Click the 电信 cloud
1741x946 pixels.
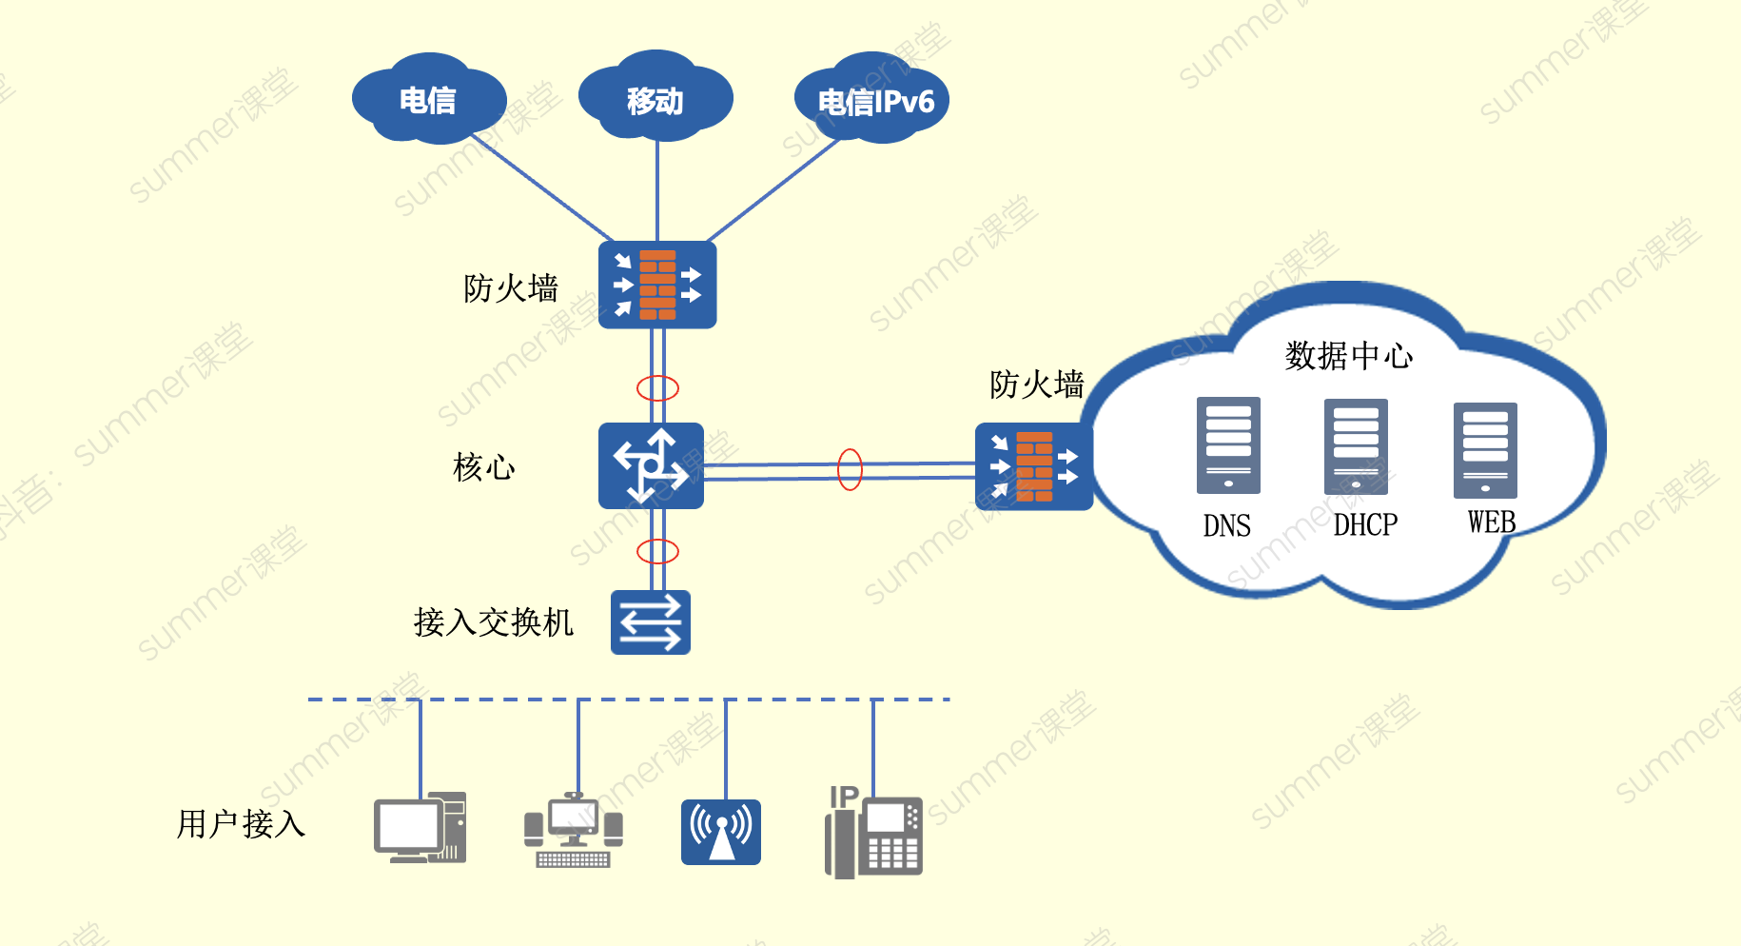[428, 100]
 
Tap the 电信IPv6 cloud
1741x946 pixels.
[872, 101]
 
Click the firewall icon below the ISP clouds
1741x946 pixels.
[657, 285]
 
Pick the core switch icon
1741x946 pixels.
[651, 465]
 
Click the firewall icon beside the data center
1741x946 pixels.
[1034, 466]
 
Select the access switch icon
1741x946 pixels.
[651, 622]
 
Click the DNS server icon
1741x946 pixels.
[1228, 445]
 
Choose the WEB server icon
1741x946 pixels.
[1485, 450]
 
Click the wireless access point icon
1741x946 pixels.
[721, 832]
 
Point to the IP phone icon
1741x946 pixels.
[873, 833]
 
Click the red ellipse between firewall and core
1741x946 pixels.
[657, 388]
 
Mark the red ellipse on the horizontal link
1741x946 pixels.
[850, 469]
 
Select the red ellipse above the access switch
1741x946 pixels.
[657, 551]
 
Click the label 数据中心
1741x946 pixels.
[1348, 356]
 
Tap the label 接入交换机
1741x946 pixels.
[494, 622]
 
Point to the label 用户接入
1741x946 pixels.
[241, 824]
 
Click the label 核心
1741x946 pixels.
[484, 467]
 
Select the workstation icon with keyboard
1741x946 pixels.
[574, 831]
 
